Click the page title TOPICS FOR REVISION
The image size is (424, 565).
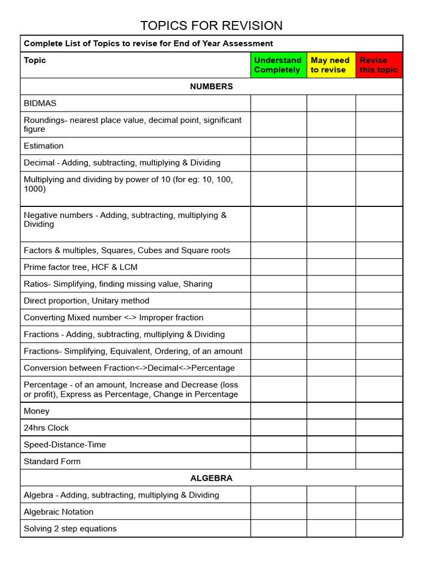click(x=211, y=25)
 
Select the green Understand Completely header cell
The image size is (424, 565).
click(x=278, y=65)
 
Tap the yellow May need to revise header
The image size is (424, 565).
click(x=331, y=65)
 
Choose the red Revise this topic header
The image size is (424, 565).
click(x=379, y=65)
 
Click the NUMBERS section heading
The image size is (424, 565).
click(x=211, y=87)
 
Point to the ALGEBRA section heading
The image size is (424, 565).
click(x=211, y=478)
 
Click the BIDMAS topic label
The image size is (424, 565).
click(x=40, y=103)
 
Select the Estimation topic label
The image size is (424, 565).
click(x=44, y=146)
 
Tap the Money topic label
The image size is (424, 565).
click(x=36, y=411)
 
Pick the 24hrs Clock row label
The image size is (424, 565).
click(x=46, y=428)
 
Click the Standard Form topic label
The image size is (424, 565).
click(x=52, y=461)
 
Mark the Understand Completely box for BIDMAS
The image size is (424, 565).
click(x=278, y=103)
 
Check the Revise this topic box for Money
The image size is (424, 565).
click(x=379, y=411)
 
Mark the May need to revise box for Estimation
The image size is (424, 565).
click(x=331, y=146)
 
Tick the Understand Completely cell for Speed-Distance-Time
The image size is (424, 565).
click(x=278, y=445)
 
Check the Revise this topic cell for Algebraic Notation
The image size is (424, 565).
click(x=379, y=511)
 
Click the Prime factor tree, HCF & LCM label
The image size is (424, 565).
click(x=81, y=267)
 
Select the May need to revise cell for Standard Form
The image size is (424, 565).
click(x=331, y=461)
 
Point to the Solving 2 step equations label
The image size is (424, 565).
click(x=70, y=529)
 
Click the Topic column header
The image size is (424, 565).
click(x=35, y=60)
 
